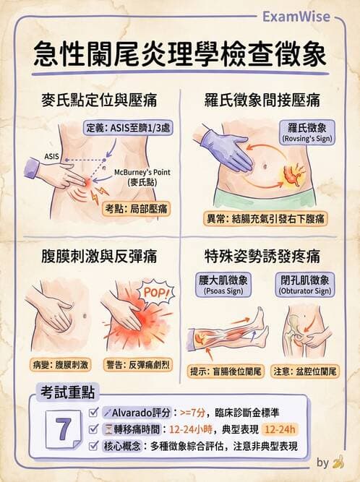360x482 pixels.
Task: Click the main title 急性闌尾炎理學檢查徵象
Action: pyautogui.click(x=180, y=55)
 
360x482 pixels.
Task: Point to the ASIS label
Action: pyautogui.click(x=51, y=155)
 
